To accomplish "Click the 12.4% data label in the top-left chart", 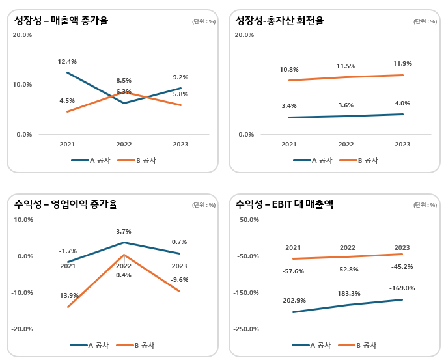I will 67,62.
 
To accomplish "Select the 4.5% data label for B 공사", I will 67,101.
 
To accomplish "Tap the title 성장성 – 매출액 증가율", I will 61,21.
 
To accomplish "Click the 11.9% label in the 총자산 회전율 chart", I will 402,64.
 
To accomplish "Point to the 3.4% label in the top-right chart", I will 289,105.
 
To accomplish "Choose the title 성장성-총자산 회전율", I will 279,21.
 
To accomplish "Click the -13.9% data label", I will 68,296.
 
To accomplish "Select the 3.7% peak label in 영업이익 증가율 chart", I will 124,231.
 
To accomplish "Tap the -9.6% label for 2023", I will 179,280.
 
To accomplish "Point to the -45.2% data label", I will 402,266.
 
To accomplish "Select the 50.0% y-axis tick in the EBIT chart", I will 249,220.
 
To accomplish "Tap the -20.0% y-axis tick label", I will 23,329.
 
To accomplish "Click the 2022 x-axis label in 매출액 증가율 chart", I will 124,145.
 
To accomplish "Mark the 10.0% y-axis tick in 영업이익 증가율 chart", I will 23,220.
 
